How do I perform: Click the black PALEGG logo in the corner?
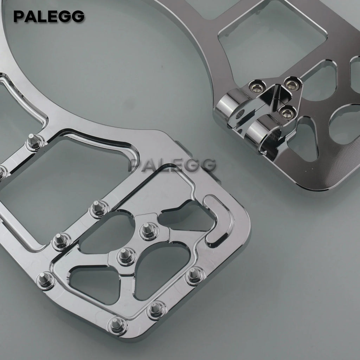point(49,17)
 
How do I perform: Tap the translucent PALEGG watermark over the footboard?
point(173,165)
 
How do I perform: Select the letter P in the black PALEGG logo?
point(19,17)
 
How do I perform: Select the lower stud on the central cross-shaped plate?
point(126,256)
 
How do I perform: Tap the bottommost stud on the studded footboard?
point(117,326)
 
